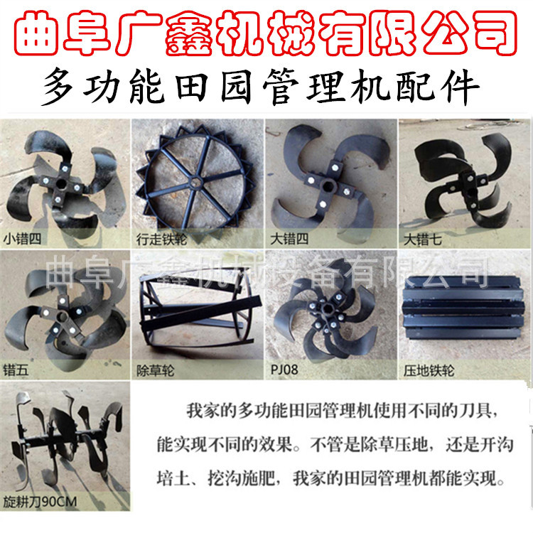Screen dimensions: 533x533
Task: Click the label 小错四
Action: [22, 239]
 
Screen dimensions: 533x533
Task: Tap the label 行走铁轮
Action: [159, 239]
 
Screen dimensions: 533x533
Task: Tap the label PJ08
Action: [284, 370]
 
